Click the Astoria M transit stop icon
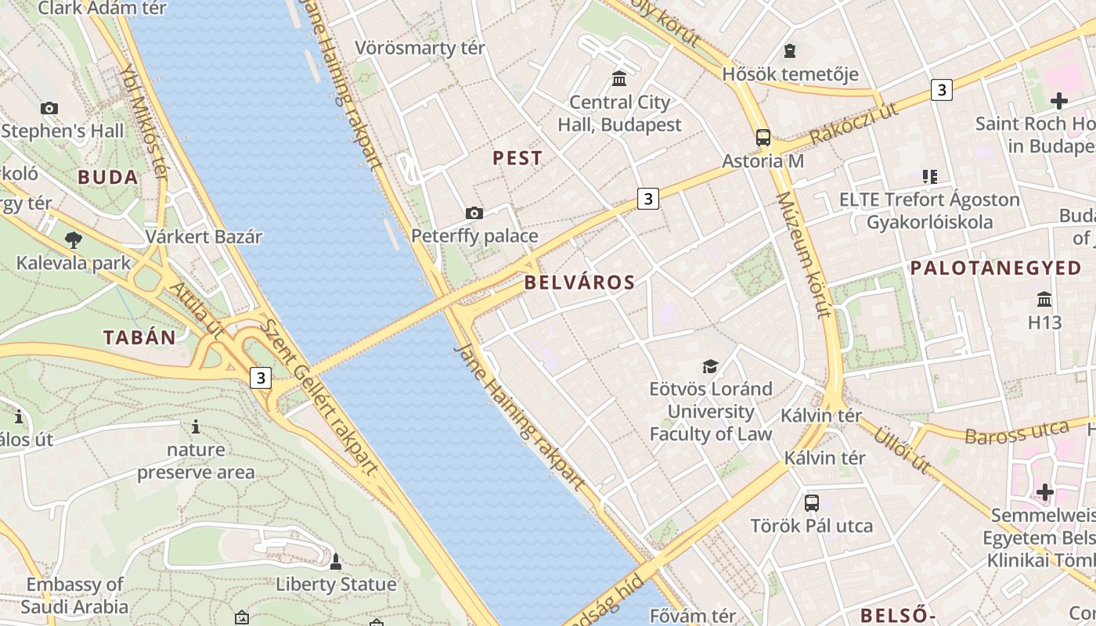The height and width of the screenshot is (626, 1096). (x=763, y=138)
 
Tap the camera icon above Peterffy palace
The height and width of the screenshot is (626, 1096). (x=474, y=213)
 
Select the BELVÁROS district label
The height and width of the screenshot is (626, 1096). (x=579, y=283)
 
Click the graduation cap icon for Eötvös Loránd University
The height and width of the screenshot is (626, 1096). (x=710, y=365)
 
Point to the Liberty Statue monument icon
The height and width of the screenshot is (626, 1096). (x=336, y=561)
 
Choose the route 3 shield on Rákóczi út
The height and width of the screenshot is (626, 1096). (x=942, y=90)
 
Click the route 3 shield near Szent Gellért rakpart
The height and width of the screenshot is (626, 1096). (x=261, y=379)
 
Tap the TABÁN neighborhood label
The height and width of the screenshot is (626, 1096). (x=139, y=338)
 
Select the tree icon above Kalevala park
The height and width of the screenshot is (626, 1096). (x=74, y=239)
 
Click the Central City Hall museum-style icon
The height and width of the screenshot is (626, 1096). (x=619, y=78)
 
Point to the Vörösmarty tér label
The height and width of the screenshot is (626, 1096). (x=420, y=48)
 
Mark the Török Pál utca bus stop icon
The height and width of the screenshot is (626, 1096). (x=812, y=502)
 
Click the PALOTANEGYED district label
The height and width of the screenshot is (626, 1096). (x=995, y=268)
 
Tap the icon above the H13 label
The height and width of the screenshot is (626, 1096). (x=1044, y=299)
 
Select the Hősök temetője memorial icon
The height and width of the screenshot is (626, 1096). (x=790, y=51)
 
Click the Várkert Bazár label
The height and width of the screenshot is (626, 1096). (x=204, y=236)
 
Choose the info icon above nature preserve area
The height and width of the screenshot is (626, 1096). (x=196, y=427)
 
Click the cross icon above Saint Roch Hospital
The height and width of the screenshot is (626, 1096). (x=1059, y=100)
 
